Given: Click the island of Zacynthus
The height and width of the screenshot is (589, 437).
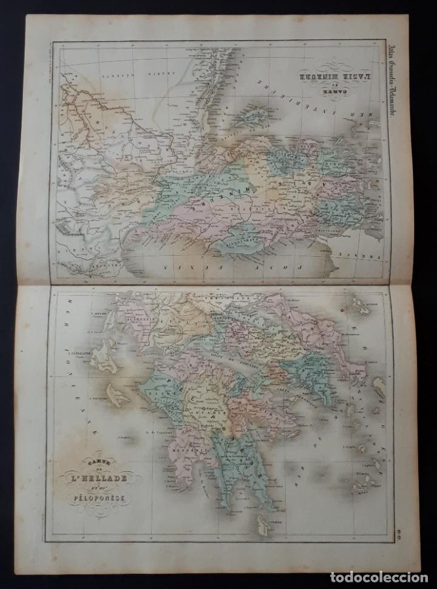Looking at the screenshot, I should coord(121,395).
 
